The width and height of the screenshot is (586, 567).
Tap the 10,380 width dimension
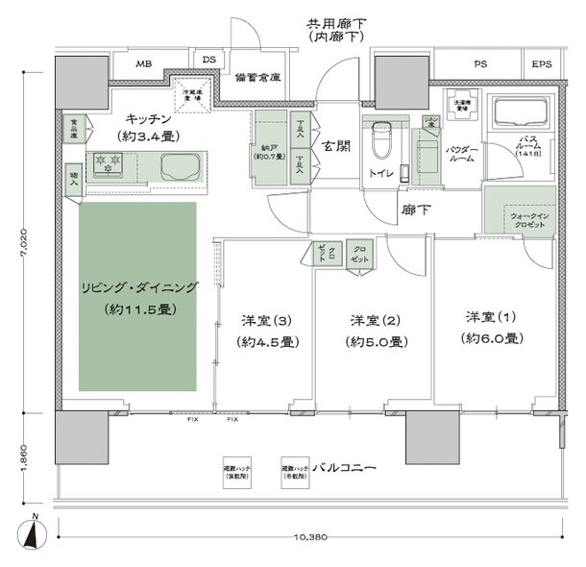306,535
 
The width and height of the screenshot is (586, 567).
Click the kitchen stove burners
106,165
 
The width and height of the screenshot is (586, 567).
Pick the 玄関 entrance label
335,147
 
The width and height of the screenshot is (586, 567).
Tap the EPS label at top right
542,64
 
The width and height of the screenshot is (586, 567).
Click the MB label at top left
143,64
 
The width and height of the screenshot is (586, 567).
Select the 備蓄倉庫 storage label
257,78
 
